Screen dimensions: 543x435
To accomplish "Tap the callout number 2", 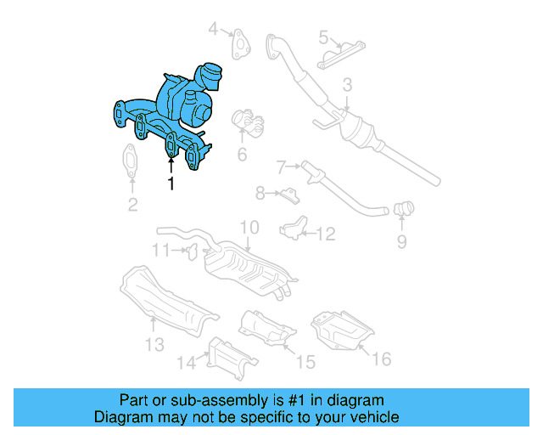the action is [132, 204].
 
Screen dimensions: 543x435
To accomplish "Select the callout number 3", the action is [347, 85].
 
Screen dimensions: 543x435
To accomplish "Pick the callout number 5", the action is [323, 37].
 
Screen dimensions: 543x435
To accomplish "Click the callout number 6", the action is [242, 155].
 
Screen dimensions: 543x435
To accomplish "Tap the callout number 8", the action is [261, 193].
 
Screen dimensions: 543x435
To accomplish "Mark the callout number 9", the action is [401, 243].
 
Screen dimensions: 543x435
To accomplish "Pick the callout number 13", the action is [154, 345].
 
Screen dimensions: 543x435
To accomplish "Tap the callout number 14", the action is [186, 363].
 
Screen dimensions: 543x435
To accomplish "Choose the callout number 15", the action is [305, 362].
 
